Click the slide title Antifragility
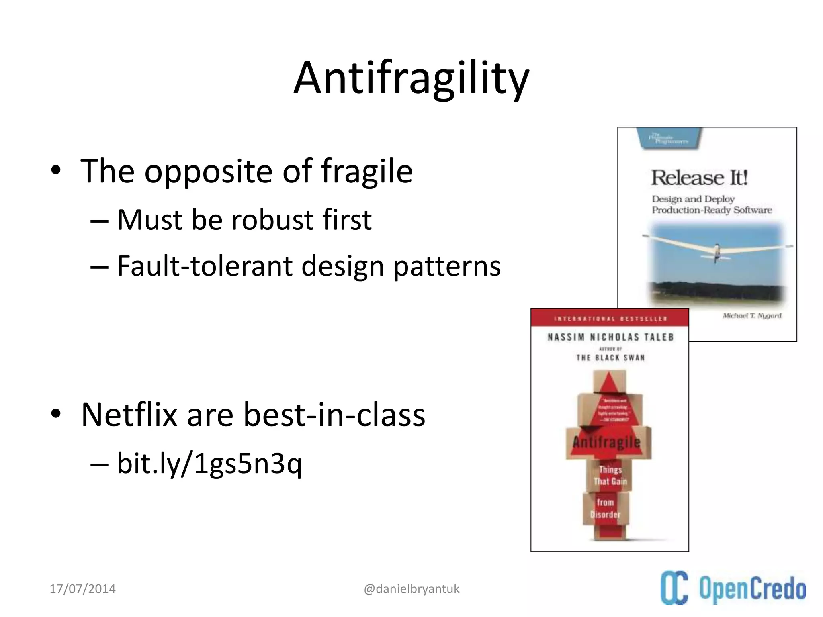tap(411, 78)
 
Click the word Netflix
tap(129, 415)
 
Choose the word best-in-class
tap(334, 415)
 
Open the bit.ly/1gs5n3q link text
tap(209, 464)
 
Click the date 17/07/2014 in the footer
tap(82, 589)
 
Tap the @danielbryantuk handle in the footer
tap(411, 589)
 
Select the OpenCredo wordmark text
tap(752, 589)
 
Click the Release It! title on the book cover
tap(699, 178)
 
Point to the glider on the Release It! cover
tap(716, 249)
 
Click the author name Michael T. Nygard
tap(752, 316)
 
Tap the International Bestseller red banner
tap(610, 319)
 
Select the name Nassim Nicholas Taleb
tap(610, 337)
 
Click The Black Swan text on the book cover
tap(610, 358)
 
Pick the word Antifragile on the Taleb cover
tap(606, 443)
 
